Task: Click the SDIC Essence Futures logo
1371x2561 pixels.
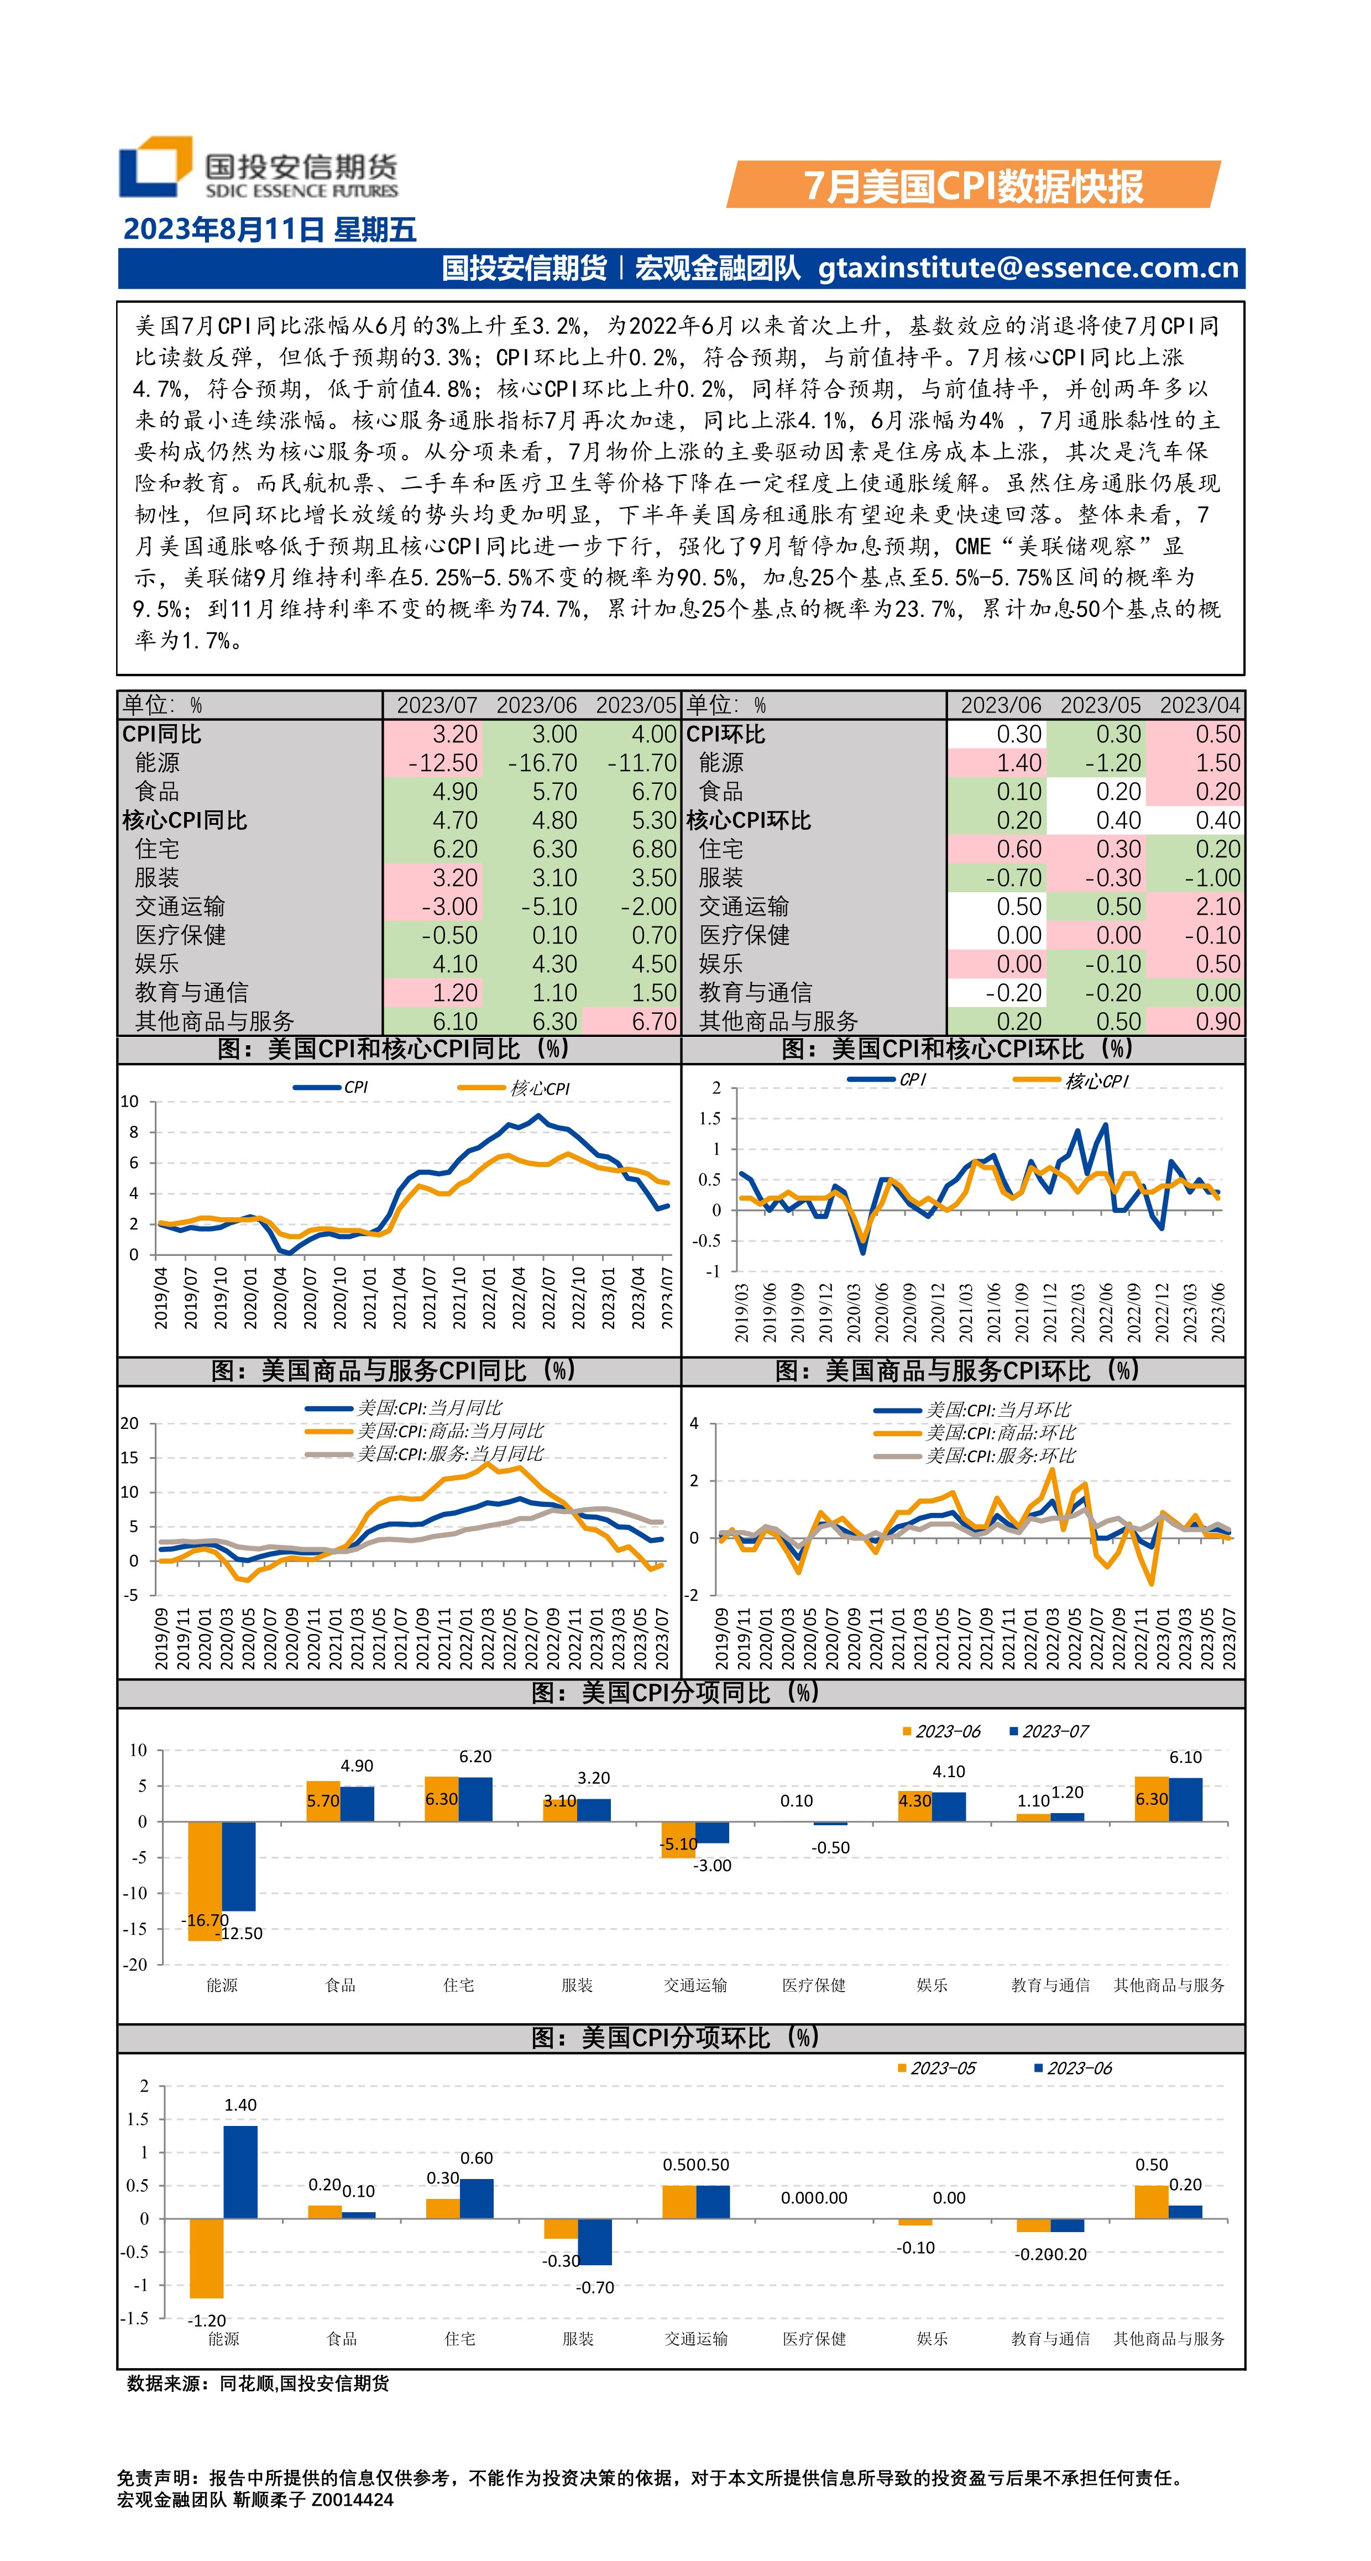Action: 257,167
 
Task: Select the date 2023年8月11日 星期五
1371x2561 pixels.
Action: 269,229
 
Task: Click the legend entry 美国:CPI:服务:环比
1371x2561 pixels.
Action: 999,1455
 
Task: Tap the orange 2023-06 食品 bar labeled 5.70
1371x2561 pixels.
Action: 322,1801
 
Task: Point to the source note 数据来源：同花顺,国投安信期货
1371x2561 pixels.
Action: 259,2383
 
